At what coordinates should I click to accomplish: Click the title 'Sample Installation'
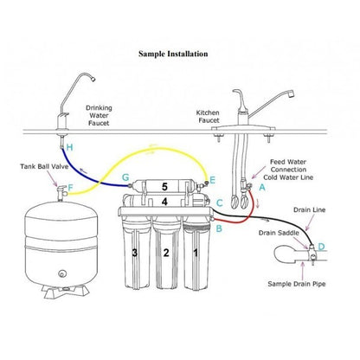point(173,54)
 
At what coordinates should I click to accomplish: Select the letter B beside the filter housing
point(219,229)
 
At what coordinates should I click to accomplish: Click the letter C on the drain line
point(220,202)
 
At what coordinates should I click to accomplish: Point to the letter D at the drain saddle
point(322,247)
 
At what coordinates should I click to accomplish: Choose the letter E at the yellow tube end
point(213,180)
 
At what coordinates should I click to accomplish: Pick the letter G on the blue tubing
point(125,177)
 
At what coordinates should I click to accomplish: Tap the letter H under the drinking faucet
point(69,149)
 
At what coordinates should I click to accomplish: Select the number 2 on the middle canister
point(164,253)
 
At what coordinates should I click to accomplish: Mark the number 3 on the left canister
point(134,253)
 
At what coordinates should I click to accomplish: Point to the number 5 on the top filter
point(164,185)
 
